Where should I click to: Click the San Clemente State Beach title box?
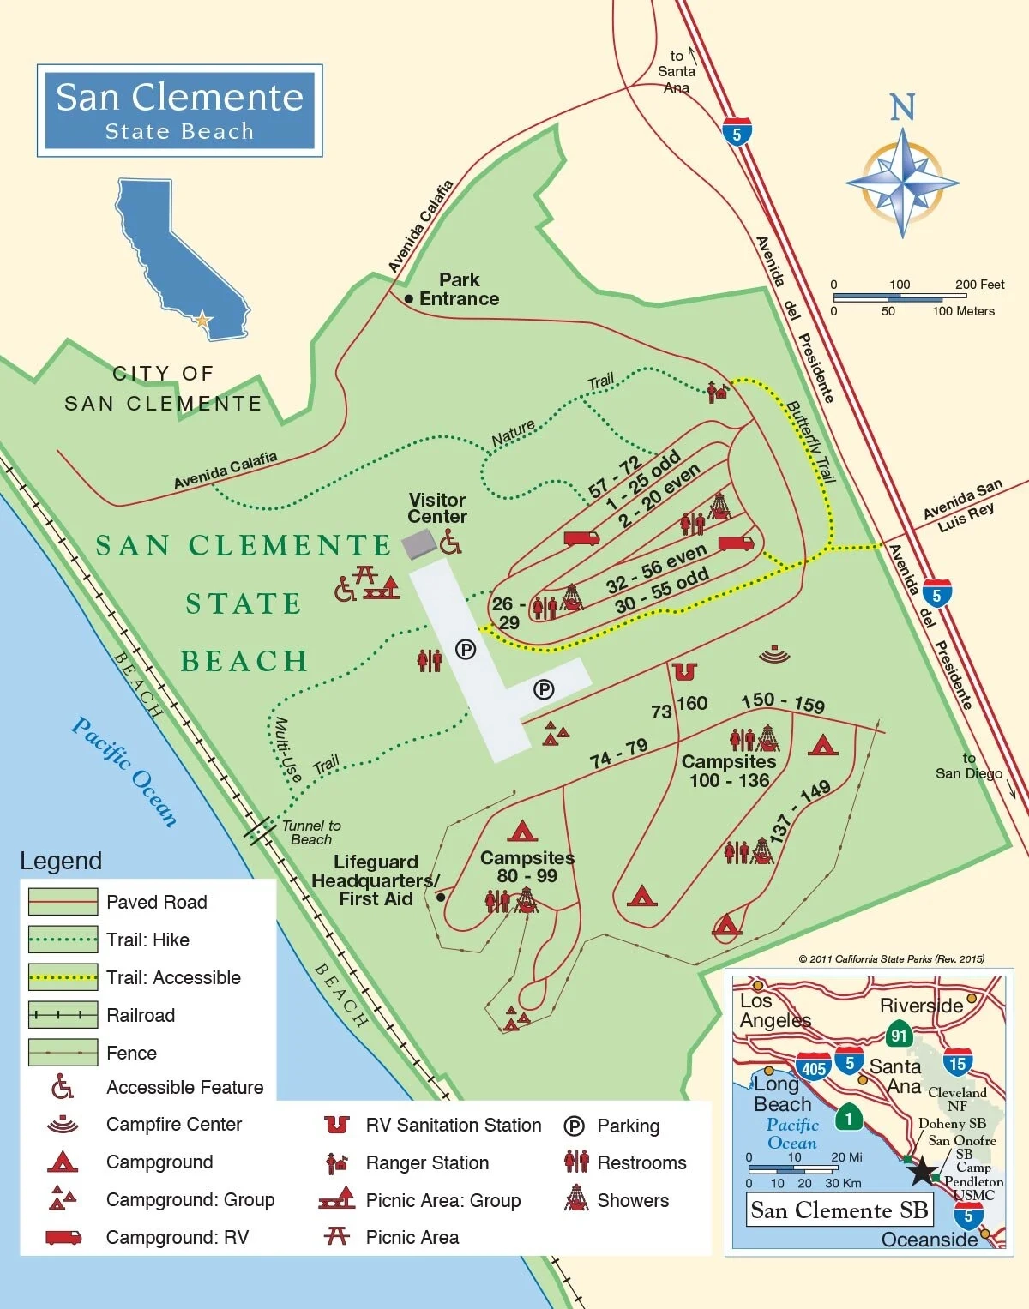tap(179, 110)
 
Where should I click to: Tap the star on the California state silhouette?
tap(202, 321)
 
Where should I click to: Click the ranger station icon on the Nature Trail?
tap(717, 392)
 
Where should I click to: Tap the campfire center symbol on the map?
tap(774, 655)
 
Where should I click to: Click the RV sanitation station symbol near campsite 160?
tap(684, 671)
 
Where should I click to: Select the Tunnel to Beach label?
tap(311, 832)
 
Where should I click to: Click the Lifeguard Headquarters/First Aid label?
tap(376, 880)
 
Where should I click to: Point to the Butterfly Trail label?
tap(810, 441)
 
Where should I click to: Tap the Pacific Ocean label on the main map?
tap(124, 772)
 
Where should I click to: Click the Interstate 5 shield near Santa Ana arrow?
tap(737, 132)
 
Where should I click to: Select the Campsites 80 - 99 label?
tap(527, 867)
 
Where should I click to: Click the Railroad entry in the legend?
tap(141, 1016)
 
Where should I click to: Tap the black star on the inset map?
tap(922, 1171)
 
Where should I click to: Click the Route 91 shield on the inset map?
tap(898, 1035)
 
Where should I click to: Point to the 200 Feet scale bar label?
tap(979, 285)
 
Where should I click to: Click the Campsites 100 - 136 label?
tap(729, 771)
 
